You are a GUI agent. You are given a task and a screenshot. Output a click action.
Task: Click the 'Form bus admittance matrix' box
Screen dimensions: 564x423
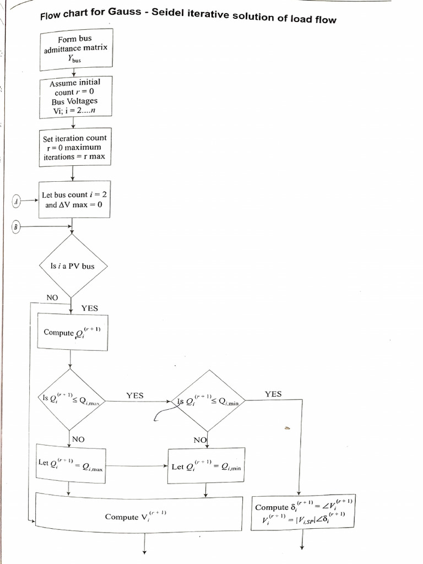pos(75,50)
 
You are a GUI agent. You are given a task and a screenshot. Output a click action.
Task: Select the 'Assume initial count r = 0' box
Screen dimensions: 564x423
pos(75,97)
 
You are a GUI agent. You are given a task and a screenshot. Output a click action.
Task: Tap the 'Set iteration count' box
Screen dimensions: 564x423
pos(74,147)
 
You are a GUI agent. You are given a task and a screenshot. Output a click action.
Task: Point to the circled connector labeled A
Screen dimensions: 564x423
pos(17,202)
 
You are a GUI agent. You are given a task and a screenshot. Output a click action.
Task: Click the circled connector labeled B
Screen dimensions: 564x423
pos(17,226)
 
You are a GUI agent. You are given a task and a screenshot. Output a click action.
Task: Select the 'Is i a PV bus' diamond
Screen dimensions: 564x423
pos(72,266)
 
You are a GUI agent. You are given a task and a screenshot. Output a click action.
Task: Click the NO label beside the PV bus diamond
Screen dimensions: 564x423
pos(52,297)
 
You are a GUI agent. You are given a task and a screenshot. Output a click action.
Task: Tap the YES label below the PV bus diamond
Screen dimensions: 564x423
pos(90,308)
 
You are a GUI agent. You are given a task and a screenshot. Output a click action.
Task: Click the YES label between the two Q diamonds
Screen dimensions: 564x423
pos(134,395)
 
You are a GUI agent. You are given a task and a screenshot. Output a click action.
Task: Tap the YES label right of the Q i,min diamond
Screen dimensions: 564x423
pos(273,394)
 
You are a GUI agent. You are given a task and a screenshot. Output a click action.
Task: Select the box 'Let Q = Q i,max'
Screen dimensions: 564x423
pos(70,464)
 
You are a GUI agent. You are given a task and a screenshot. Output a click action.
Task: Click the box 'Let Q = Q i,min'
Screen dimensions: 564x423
pos(206,466)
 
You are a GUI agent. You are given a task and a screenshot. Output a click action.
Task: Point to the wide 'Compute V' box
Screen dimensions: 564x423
pos(138,516)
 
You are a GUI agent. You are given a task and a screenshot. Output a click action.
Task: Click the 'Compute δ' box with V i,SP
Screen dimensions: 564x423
pos(302,513)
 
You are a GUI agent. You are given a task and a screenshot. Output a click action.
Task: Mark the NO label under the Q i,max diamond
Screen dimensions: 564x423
pos(79,440)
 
